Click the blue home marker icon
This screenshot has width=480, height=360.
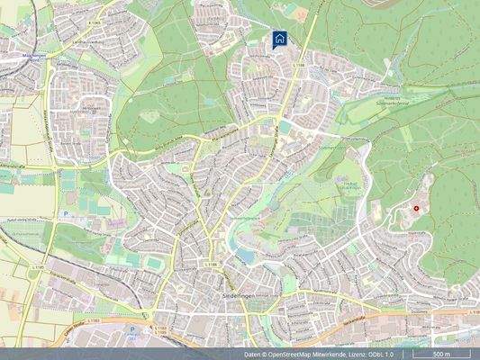[x=280, y=39]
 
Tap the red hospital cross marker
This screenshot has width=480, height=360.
[x=416, y=209]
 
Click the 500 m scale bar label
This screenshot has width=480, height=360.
[x=441, y=354]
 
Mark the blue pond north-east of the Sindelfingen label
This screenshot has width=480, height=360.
[x=244, y=256]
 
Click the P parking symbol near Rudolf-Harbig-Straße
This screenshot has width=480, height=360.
[x=65, y=214]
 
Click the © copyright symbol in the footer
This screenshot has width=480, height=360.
[x=269, y=355]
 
